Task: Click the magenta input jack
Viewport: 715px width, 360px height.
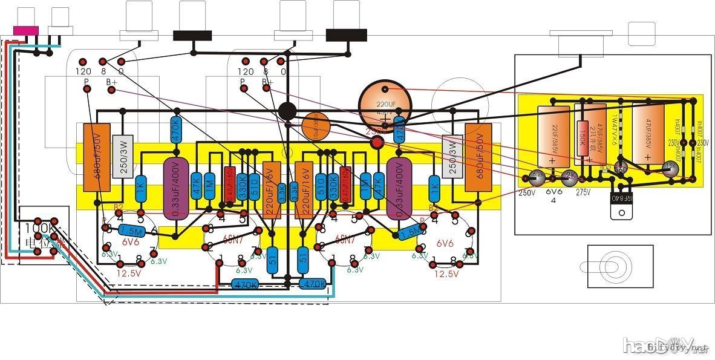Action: (x=27, y=30)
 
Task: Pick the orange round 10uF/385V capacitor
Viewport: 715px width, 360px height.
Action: (x=316, y=127)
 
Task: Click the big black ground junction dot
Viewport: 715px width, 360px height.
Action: (x=287, y=111)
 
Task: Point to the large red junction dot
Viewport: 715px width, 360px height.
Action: (x=377, y=143)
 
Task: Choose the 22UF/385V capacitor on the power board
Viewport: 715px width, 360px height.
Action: (x=553, y=136)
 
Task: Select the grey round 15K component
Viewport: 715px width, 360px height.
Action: (x=670, y=168)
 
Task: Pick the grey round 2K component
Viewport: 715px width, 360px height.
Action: (x=570, y=176)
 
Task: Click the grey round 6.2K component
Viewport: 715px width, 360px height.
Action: (x=536, y=177)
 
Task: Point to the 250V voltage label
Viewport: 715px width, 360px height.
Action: (x=526, y=193)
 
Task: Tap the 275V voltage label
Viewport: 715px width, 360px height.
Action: (x=584, y=193)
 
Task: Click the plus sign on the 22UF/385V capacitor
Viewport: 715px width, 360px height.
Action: (x=552, y=161)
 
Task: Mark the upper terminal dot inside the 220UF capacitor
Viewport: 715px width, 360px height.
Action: (x=385, y=90)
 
